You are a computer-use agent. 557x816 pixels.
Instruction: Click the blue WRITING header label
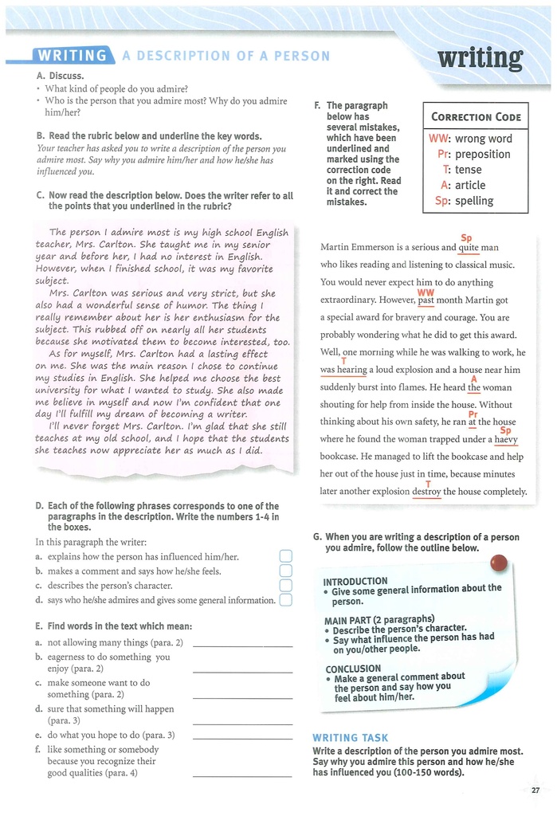coord(73,55)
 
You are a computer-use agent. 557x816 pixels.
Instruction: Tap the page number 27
coord(535,790)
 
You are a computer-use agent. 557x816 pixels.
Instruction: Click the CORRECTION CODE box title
coord(476,117)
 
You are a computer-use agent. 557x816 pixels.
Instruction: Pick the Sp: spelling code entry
coord(464,201)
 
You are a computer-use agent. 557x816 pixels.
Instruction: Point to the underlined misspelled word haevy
coord(506,439)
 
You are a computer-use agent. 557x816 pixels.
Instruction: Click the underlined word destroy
coord(426,492)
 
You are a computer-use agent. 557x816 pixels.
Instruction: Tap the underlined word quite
coord(469,248)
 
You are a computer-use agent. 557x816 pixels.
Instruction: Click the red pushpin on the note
coord(500,563)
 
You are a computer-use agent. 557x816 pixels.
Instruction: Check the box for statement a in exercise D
coord(287,556)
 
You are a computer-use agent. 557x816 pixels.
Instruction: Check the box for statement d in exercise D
coord(287,600)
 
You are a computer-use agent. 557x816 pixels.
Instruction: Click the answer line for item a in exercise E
coord(242,643)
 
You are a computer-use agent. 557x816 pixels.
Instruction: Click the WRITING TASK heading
coord(351,738)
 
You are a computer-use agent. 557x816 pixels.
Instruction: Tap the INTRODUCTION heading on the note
coord(355,581)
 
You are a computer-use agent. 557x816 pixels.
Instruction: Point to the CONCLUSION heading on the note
coord(353,669)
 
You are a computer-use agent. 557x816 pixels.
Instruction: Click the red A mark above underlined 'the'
coord(474,379)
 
